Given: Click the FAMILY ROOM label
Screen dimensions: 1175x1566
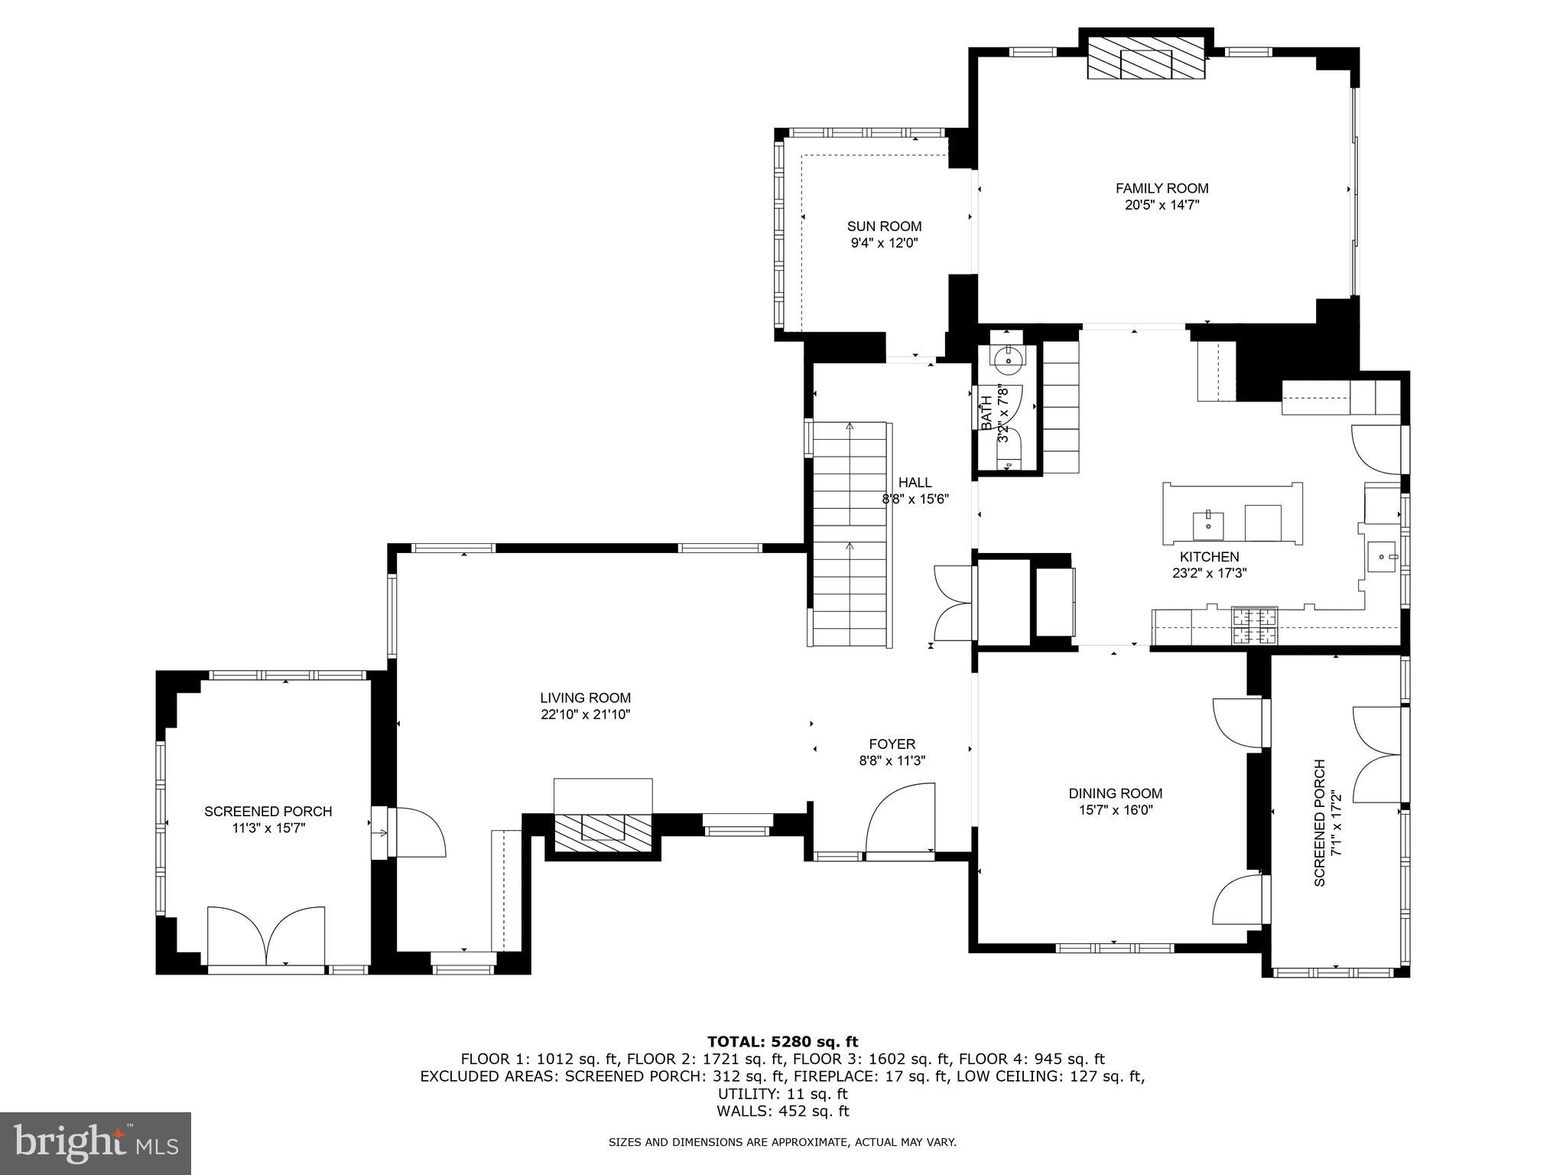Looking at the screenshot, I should pyautogui.click(x=1162, y=188).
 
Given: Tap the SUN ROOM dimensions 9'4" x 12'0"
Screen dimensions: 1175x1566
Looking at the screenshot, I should pyautogui.click(x=884, y=243).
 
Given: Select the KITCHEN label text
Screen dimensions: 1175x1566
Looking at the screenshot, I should pyautogui.click(x=1209, y=557).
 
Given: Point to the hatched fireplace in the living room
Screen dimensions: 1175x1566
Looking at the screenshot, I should pyautogui.click(x=603, y=833).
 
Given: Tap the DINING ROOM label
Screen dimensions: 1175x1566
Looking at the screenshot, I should pyautogui.click(x=1115, y=793).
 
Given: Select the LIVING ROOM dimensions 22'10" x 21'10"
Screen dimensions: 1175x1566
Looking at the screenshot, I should pyautogui.click(x=585, y=714).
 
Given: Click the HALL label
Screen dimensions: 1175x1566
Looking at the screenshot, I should pyautogui.click(x=915, y=483).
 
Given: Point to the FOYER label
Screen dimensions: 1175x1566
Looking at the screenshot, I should pyautogui.click(x=892, y=744).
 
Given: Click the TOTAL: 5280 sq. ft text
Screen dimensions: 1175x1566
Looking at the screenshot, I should pyautogui.click(x=782, y=1041).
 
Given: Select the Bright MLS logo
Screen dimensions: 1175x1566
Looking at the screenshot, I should pyautogui.click(x=95, y=1143).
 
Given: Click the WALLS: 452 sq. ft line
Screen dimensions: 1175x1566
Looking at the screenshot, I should pyautogui.click(x=782, y=1112).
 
